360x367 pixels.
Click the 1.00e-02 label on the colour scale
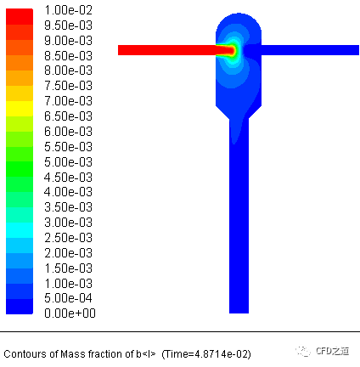pos(69,10)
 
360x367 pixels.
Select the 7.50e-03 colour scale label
pos(69,86)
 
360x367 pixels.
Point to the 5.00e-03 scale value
pos(69,162)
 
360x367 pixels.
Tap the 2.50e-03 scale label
pos(69,238)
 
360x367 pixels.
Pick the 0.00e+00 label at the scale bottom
pos(70,313)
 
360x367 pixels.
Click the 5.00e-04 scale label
pos(69,298)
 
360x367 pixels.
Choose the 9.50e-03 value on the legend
pos(69,25)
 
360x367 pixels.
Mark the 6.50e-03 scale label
pos(69,116)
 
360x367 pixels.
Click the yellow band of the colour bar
pos(20,109)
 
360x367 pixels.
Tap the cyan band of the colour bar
pos(20,230)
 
